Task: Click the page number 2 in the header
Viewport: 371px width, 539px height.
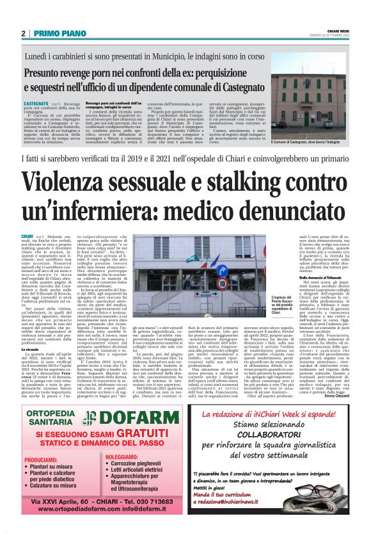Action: (x=23, y=34)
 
